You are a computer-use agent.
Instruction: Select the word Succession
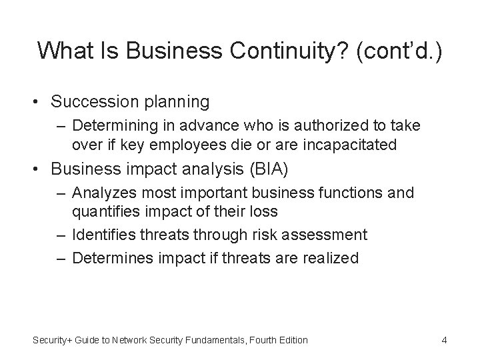[93, 101]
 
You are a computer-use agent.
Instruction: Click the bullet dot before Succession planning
[39, 102]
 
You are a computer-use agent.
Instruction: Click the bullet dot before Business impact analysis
[39, 169]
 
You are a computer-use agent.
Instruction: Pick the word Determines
[107, 259]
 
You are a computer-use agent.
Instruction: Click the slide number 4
[443, 340]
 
